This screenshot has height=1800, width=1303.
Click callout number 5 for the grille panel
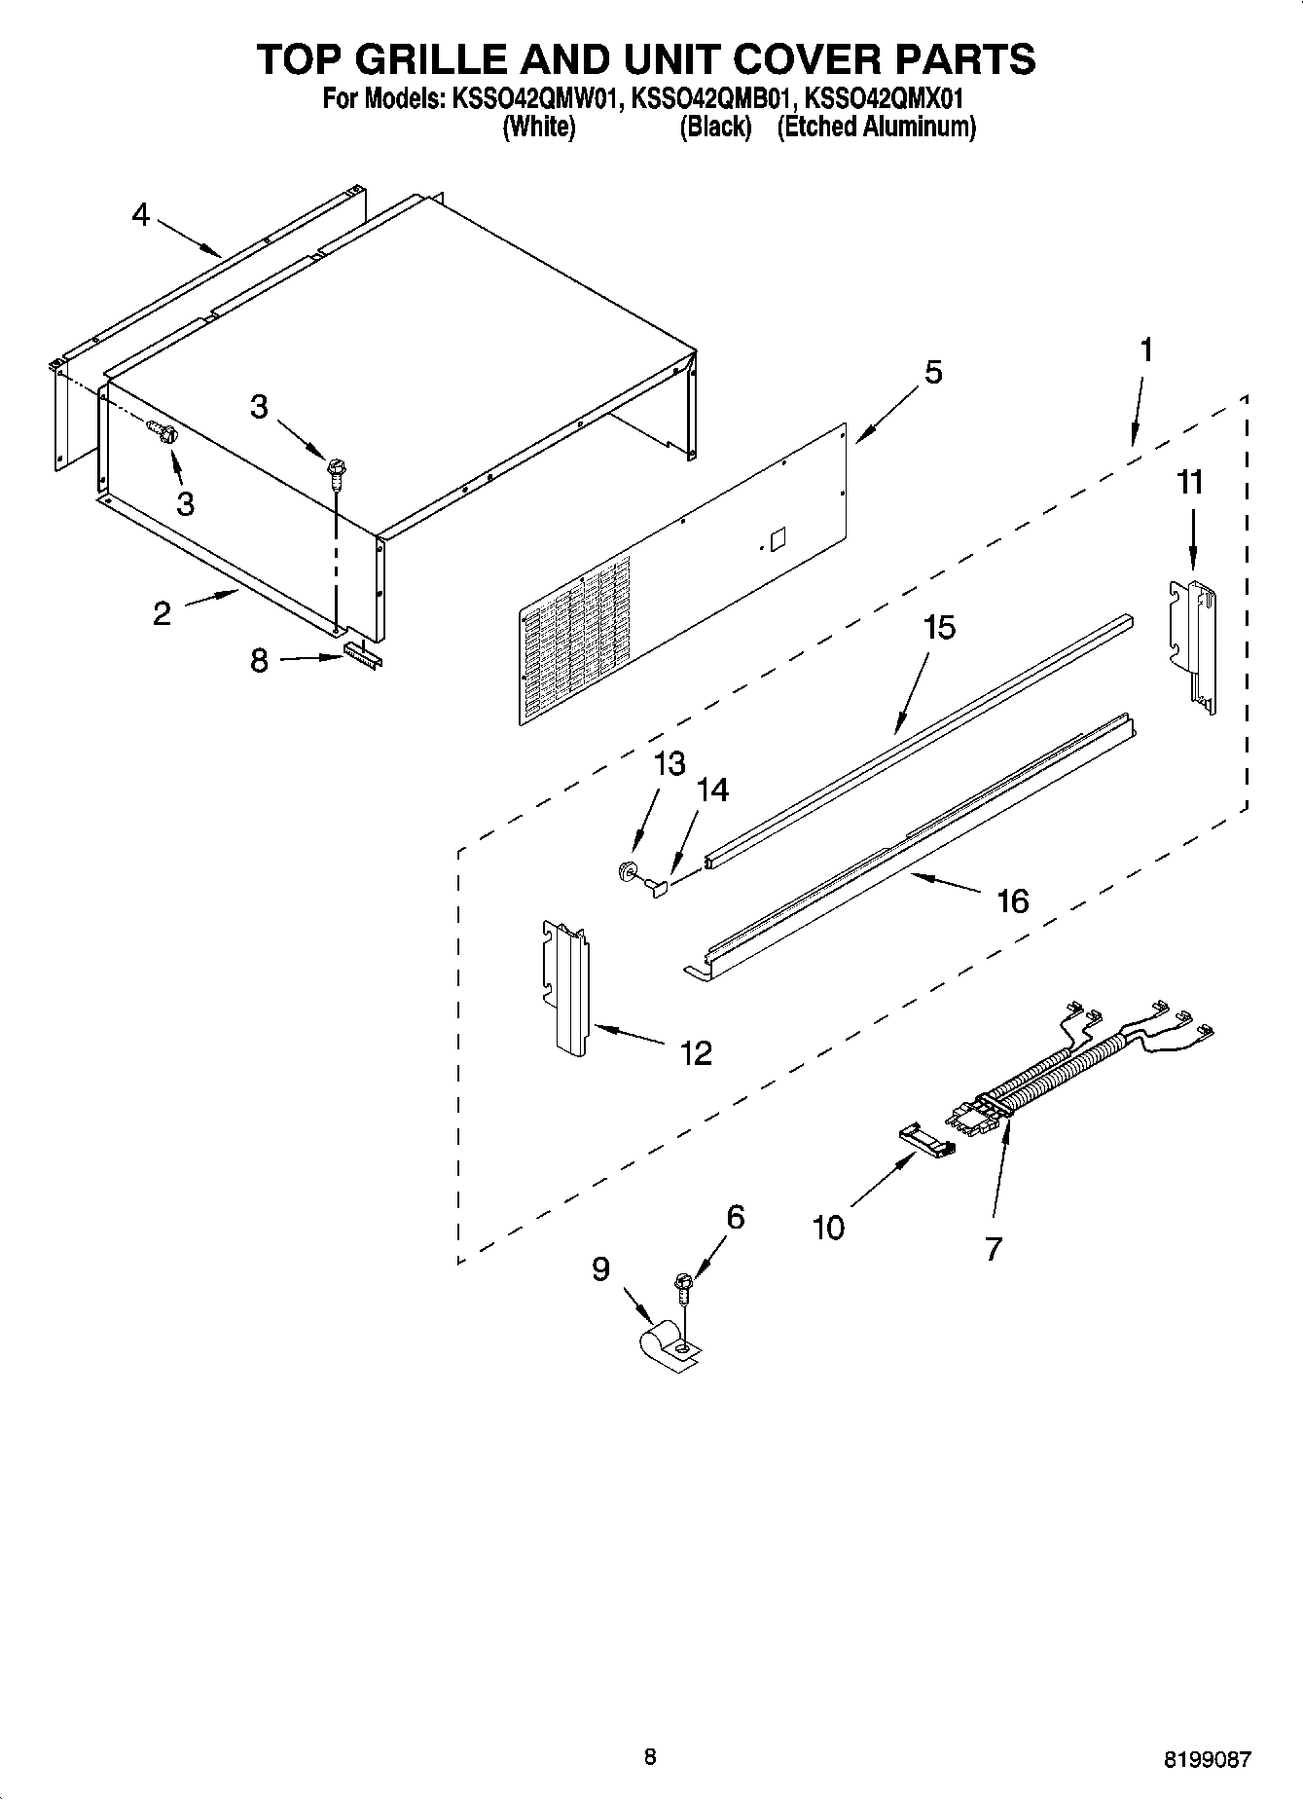[932, 372]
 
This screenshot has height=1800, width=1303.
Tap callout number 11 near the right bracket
[1190, 482]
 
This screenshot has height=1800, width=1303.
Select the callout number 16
[1012, 900]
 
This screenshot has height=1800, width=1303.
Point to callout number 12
[696, 1052]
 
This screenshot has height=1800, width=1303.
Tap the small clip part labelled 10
[925, 1138]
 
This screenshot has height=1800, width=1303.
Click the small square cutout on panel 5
[777, 539]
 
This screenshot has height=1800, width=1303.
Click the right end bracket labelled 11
[1194, 643]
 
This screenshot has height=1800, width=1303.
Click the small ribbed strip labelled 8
[363, 656]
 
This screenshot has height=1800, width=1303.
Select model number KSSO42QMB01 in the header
[717, 98]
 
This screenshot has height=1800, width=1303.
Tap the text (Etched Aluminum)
[876, 127]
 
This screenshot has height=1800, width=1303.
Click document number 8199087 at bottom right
[1208, 1759]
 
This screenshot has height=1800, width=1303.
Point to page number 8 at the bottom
[650, 1756]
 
